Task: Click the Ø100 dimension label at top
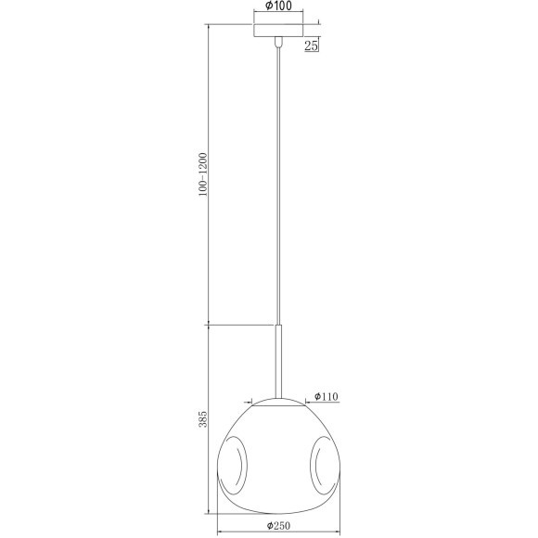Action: point(281,6)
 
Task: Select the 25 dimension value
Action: point(313,44)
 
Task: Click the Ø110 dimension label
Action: point(327,396)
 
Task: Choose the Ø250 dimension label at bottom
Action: point(281,525)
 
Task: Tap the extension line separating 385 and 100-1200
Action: point(241,325)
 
